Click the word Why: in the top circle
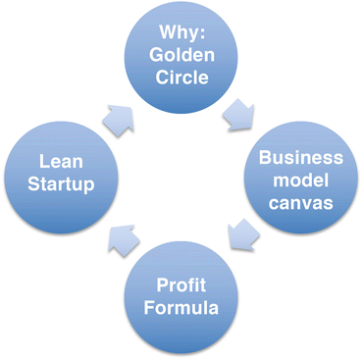[x=181, y=32]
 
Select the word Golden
[x=181, y=55]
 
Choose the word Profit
[x=181, y=285]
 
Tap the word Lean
[x=60, y=159]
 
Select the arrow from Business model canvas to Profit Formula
[x=240, y=234]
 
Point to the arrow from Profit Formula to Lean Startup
[x=123, y=237]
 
